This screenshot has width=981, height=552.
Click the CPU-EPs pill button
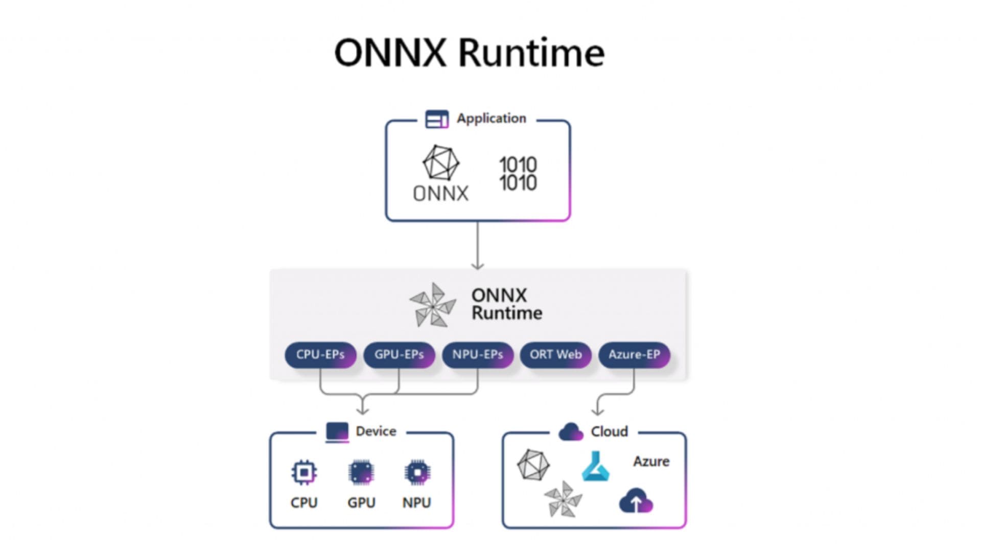click(x=320, y=355)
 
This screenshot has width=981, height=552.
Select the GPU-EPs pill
click(x=399, y=355)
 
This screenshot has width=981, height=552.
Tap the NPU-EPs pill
click(x=478, y=355)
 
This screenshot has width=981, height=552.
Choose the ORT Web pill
click(x=555, y=355)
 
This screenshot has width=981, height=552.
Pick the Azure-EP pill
click(x=634, y=355)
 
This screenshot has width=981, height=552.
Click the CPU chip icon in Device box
click(x=304, y=472)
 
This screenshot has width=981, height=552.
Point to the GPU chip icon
click(x=361, y=472)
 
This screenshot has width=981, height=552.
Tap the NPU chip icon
click(x=417, y=472)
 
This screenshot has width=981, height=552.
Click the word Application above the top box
click(x=491, y=119)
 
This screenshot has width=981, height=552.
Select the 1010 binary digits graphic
click(x=518, y=174)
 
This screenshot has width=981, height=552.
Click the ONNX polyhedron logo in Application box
click(x=440, y=163)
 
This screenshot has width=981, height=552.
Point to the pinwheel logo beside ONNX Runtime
click(x=433, y=305)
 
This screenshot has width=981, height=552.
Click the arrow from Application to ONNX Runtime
click(x=478, y=245)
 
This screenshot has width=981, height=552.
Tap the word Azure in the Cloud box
click(x=651, y=462)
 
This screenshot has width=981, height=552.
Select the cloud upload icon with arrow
click(x=636, y=501)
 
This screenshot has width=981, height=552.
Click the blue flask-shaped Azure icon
click(x=596, y=466)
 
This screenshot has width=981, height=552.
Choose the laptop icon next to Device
click(x=337, y=432)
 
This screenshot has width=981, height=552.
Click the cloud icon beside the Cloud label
click(x=571, y=432)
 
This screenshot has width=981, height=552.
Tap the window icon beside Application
click(x=437, y=119)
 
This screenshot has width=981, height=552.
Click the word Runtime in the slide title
click(x=531, y=53)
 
